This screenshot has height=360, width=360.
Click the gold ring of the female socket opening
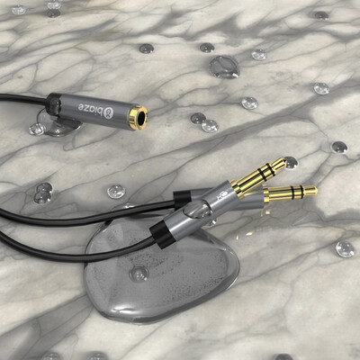click(x=138, y=118)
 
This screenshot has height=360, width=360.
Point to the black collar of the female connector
click(x=54, y=104)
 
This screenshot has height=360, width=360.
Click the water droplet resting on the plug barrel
click(x=198, y=209)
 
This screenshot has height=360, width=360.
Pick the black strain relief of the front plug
click(x=161, y=235)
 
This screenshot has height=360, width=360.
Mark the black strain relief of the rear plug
click(x=183, y=197)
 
